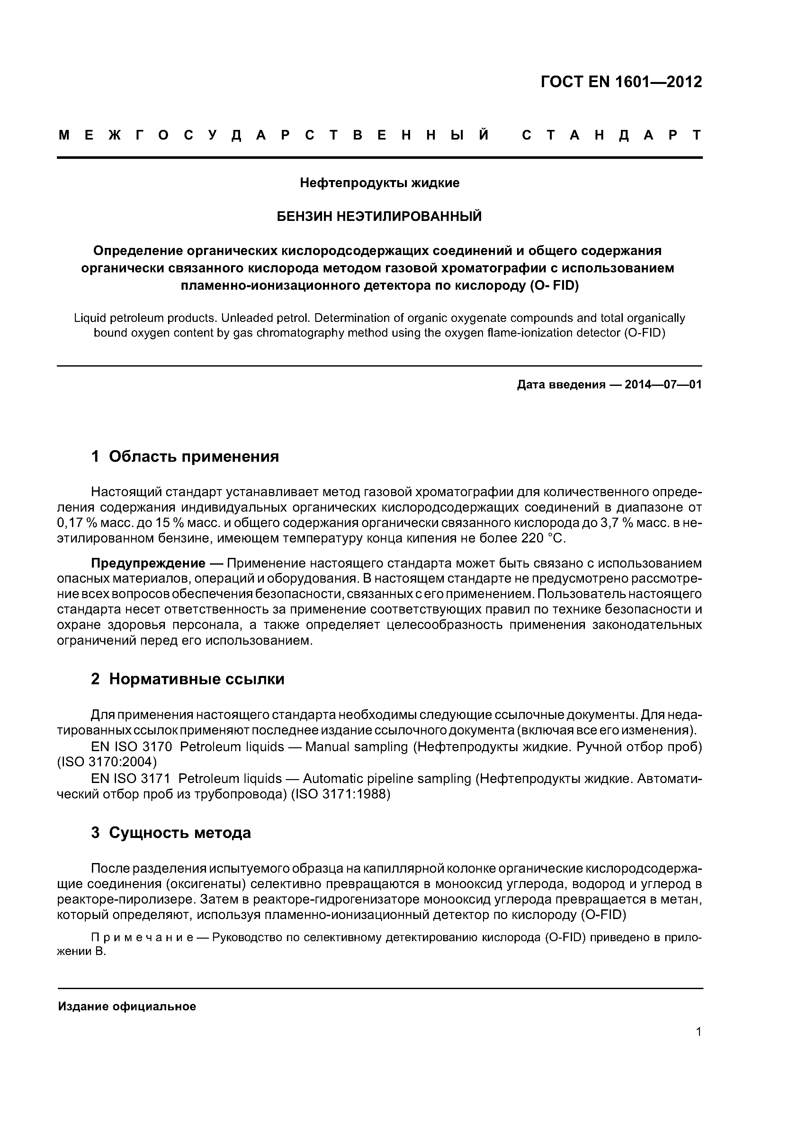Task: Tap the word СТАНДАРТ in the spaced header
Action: point(611,136)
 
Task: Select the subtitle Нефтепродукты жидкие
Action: point(380,183)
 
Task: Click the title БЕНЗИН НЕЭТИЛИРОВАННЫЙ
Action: point(380,216)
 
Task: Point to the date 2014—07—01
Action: point(663,385)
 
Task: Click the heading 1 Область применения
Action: point(185,456)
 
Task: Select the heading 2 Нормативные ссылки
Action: point(188,679)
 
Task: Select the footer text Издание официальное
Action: point(127,1007)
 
